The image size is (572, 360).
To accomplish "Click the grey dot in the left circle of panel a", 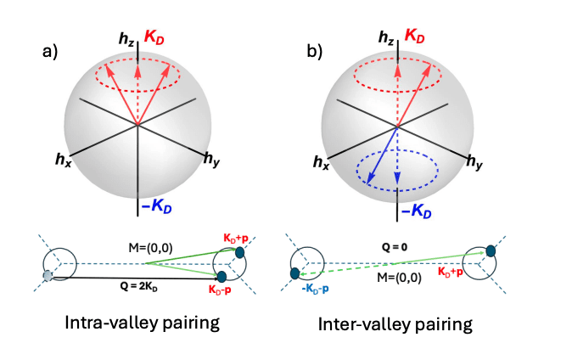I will [48, 275].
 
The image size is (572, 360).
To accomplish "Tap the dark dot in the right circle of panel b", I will [491, 250].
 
